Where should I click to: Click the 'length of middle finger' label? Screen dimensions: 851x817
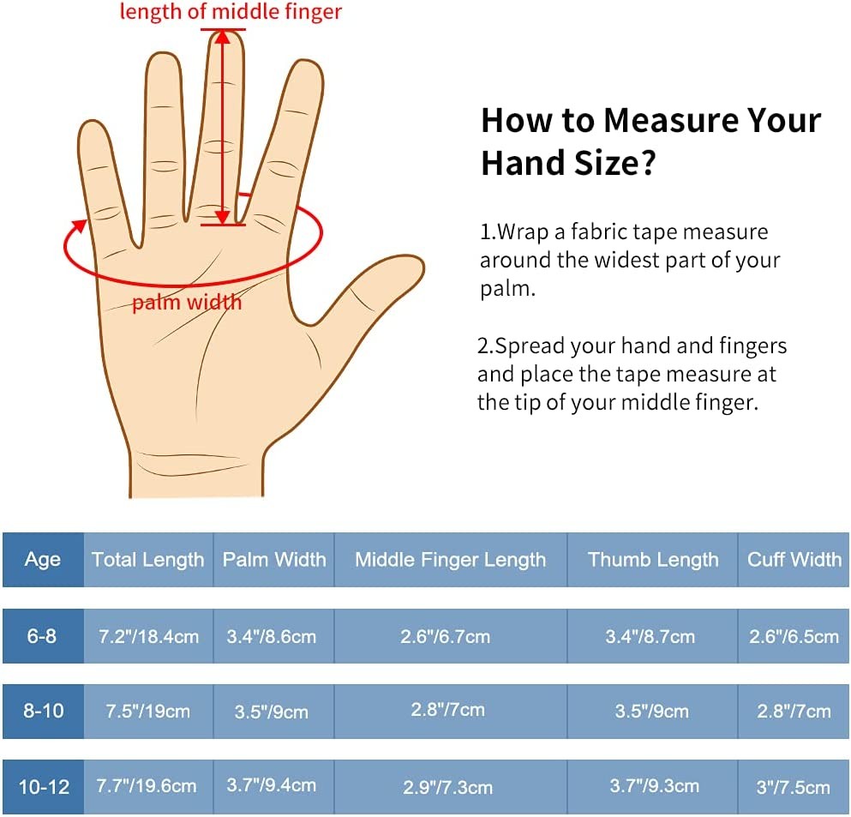tap(231, 11)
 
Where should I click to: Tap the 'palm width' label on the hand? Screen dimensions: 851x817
tap(187, 302)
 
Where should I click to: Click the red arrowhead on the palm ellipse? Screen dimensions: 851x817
tap(80, 225)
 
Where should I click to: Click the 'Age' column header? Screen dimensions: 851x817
tap(43, 559)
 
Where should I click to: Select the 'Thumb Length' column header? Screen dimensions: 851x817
tap(653, 559)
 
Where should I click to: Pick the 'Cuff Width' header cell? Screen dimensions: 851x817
tap(794, 559)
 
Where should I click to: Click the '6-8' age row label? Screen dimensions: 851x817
tap(43, 636)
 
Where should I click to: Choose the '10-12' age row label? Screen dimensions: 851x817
tap(43, 787)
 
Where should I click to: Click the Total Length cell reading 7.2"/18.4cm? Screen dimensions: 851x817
tap(149, 636)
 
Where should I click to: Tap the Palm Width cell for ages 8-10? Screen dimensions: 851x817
tap(272, 712)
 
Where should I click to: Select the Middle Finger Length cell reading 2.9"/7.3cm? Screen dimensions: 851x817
tap(447, 787)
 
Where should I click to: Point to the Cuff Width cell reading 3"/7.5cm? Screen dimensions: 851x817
tap(794, 787)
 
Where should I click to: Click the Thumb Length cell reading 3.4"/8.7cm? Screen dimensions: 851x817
tap(650, 636)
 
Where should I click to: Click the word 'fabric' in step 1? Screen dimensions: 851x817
tap(599, 231)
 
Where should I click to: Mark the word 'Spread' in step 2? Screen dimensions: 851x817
tap(528, 346)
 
